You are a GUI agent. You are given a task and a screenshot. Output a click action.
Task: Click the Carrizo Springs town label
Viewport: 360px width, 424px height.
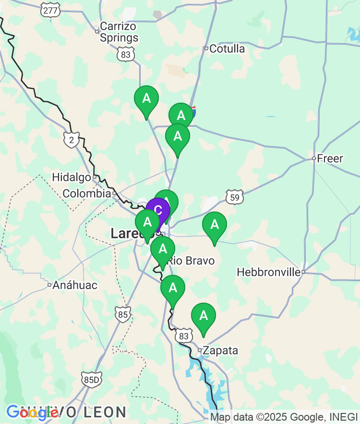[119, 32]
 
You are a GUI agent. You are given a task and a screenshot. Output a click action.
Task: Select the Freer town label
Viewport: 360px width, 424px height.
[330, 158]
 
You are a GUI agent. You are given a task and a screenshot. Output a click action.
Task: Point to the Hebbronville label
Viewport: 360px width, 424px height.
[269, 272]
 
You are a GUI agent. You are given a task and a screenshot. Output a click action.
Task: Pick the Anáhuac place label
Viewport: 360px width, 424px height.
[75, 285]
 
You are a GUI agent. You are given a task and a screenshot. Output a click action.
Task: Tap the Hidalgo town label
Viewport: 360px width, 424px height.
[72, 177]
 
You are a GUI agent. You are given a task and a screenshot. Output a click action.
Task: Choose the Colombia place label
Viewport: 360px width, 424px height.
[87, 194]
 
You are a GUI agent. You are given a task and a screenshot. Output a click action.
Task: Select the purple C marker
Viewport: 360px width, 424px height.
[158, 210]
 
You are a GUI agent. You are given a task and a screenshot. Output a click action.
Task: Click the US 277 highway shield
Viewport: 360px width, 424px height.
[50, 11]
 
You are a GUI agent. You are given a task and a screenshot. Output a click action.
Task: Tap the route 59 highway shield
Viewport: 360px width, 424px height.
[234, 197]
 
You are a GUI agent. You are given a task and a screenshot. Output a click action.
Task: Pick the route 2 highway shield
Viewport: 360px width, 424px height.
[71, 140]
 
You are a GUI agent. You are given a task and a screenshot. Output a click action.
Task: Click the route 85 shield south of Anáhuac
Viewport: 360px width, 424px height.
[123, 314]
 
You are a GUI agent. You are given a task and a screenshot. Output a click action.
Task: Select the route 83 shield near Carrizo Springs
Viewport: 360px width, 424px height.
[126, 54]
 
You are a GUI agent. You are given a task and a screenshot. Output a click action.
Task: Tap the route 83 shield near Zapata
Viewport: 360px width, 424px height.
[184, 336]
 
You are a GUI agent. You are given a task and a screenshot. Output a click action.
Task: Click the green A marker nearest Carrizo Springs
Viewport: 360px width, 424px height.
[146, 98]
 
